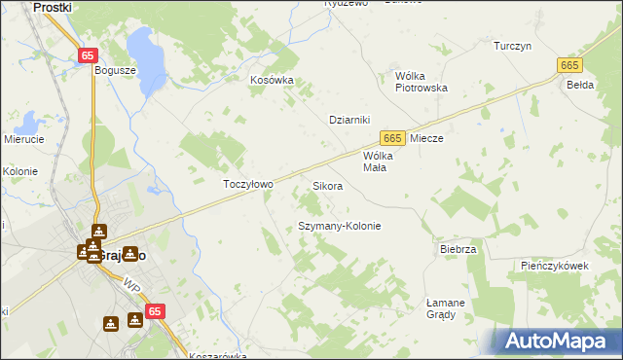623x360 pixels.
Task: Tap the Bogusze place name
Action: [115, 70]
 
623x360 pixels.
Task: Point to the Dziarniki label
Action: [351, 120]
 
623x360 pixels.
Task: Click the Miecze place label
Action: [426, 139]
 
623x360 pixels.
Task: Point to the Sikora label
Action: [327, 185]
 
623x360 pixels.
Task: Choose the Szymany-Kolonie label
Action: [339, 226]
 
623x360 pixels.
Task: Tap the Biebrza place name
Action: [458, 249]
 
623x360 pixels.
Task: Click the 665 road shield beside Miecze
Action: [392, 139]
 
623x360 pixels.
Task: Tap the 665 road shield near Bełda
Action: [570, 64]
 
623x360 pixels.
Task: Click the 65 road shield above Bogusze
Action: [89, 55]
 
